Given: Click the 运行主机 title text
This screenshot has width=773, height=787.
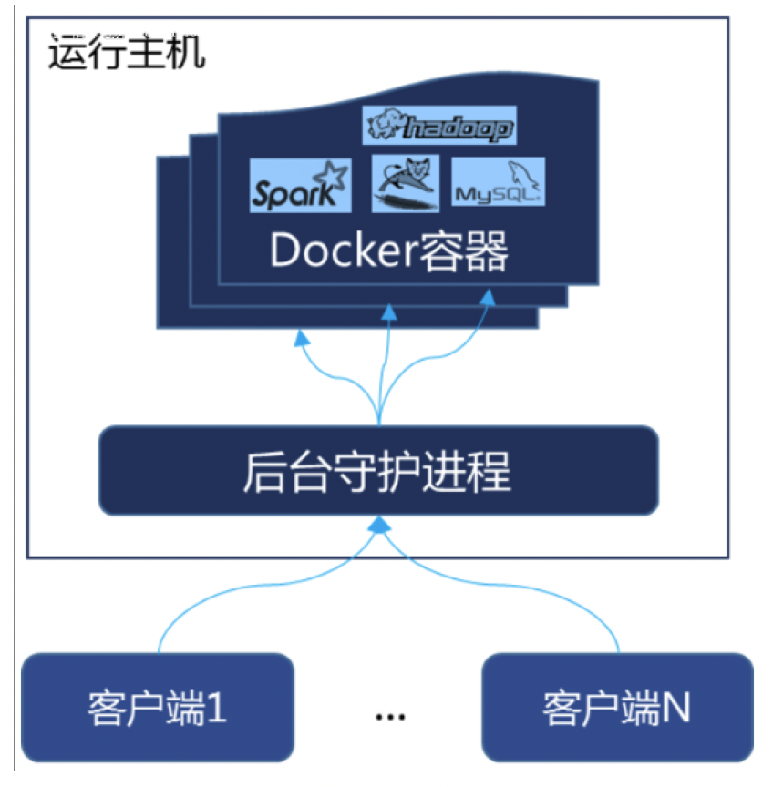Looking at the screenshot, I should [x=126, y=54].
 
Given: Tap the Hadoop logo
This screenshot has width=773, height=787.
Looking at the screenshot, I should [x=439, y=127].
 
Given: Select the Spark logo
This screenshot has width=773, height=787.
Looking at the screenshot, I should [x=300, y=185].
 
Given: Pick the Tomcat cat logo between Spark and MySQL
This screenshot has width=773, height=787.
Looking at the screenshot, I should [x=405, y=183].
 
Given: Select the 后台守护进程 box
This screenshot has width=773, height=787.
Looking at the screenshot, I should [x=377, y=471].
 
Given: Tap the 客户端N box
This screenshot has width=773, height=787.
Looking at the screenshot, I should [x=617, y=706].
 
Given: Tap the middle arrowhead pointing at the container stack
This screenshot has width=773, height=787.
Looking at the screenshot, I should [x=389, y=312].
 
